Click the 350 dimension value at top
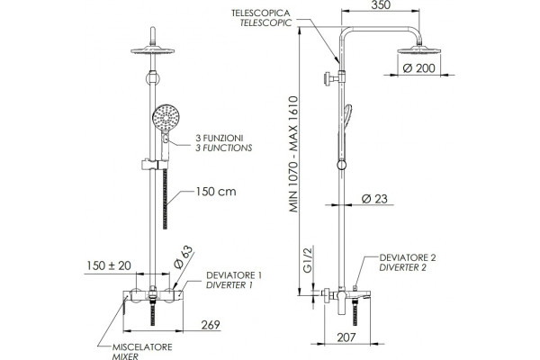tap(382, 5)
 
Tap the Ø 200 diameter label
tap(418, 68)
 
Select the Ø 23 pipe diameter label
tap(374, 199)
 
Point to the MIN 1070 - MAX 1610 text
tap(293, 154)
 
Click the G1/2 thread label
tap(308, 259)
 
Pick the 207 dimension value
tap(346, 337)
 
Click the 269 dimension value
tap(210, 325)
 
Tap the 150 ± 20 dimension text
tap(109, 265)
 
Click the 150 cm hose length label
tap(216, 192)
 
